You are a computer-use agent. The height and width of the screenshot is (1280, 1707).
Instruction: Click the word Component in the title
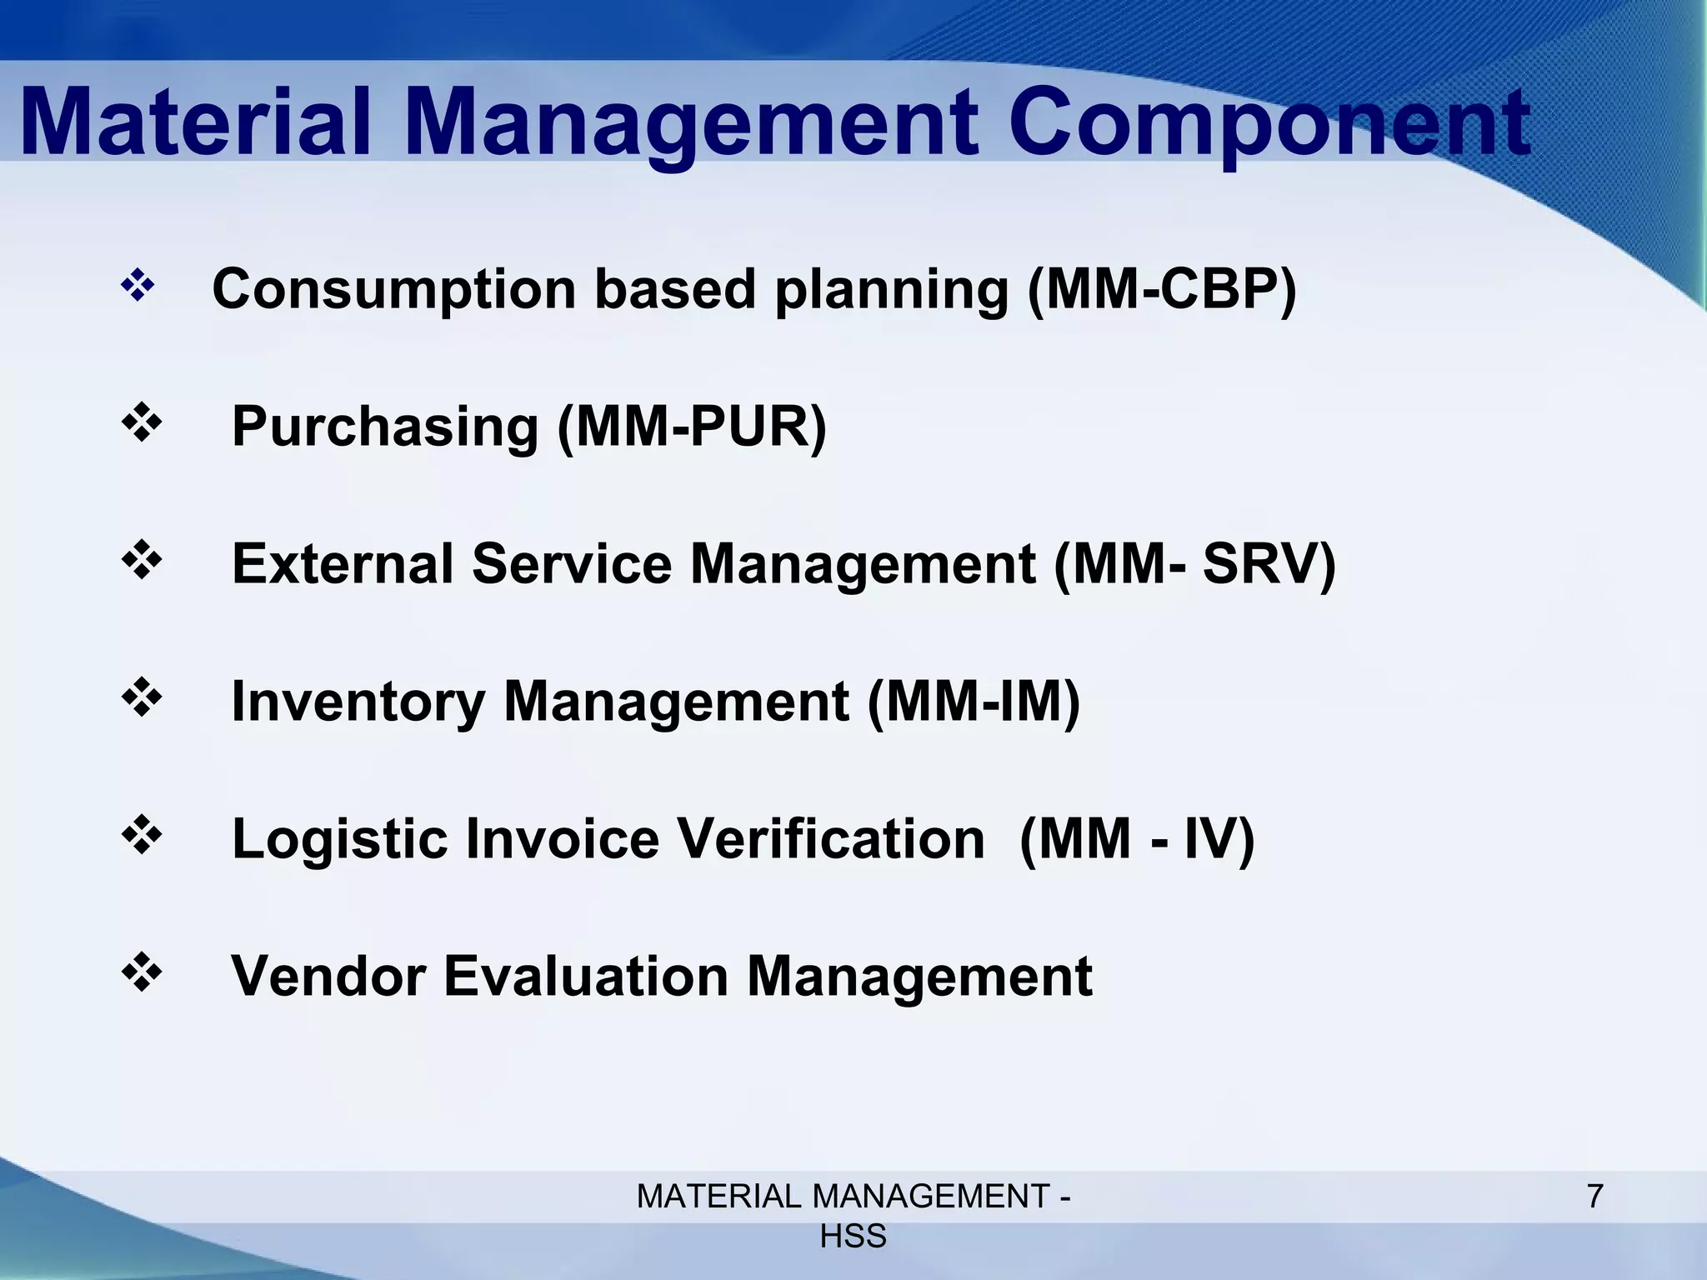tap(1269, 125)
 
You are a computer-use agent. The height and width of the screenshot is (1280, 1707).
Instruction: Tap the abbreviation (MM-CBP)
tap(1162, 289)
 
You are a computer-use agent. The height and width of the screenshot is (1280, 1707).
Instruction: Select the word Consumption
tap(394, 289)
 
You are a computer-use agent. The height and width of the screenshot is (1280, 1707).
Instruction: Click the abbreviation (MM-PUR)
tap(691, 426)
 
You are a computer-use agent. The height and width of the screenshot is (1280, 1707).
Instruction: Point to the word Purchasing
tap(385, 426)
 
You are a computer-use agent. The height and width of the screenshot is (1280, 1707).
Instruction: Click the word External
tap(343, 563)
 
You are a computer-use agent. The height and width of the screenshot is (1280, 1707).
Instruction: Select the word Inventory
tap(358, 701)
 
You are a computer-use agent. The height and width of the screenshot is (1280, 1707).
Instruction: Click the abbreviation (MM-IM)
tap(974, 701)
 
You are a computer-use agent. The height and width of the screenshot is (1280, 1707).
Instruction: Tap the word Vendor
tap(328, 976)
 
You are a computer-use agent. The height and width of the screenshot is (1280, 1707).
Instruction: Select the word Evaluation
tap(586, 976)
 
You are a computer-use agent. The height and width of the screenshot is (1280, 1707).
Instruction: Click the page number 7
tap(1594, 1197)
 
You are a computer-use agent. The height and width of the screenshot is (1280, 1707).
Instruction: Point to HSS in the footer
tap(853, 1237)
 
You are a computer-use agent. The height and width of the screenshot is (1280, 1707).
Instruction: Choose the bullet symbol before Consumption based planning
tap(138, 287)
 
